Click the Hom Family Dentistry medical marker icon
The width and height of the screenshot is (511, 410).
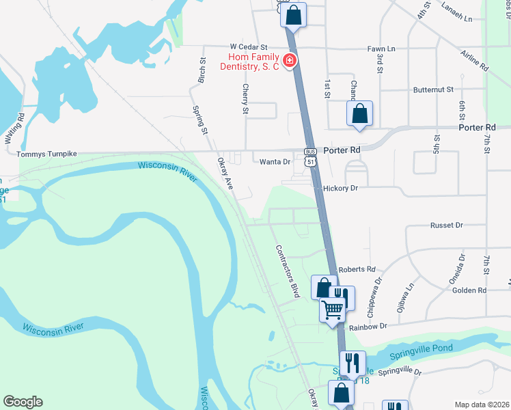290,61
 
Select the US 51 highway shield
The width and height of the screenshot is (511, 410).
311,162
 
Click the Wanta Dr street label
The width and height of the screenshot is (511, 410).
275,162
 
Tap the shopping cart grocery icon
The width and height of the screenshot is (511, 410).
333,309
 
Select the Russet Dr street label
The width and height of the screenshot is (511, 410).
447,225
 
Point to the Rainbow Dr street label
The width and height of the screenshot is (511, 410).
369,327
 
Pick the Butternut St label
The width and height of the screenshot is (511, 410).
433,90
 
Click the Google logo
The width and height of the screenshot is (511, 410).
23,402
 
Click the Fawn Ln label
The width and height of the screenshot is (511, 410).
381,49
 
